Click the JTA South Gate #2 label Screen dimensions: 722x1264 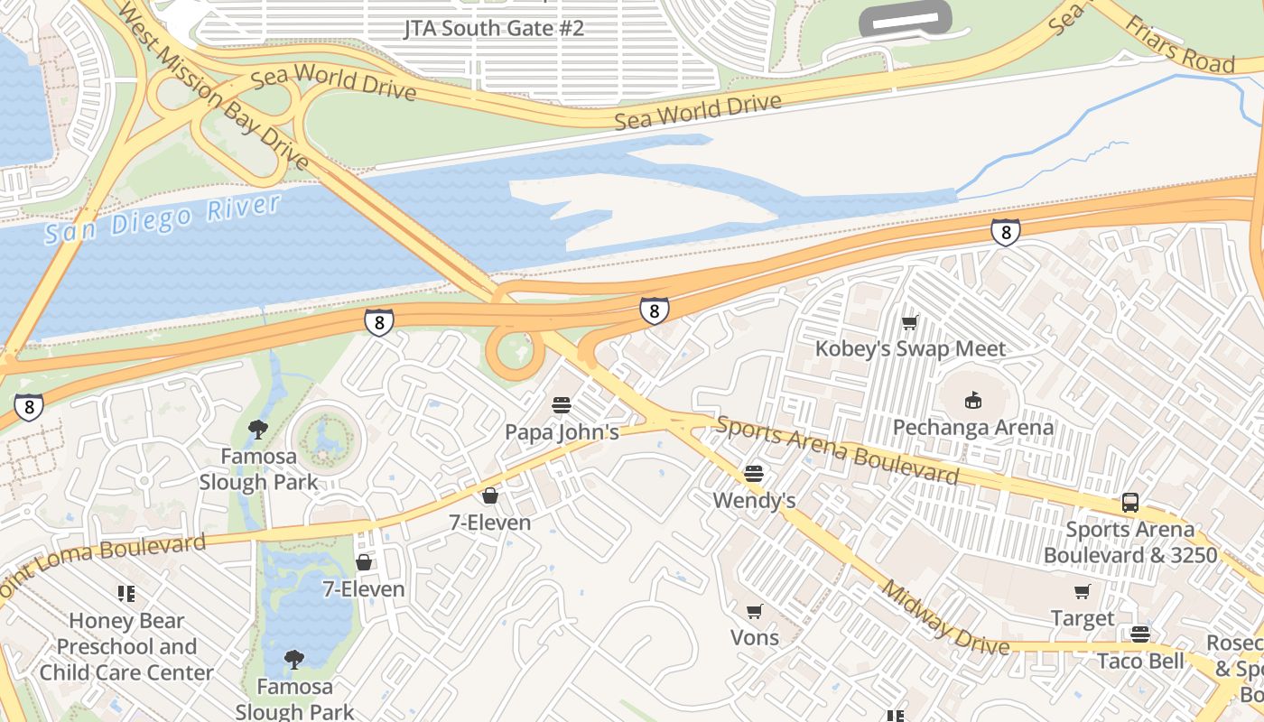pyautogui.click(x=493, y=28)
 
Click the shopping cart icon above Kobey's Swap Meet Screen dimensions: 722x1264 pyautogui.click(x=910, y=322)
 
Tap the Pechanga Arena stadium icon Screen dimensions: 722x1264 pyautogui.click(x=972, y=400)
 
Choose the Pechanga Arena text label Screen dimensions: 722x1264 pyautogui.click(x=972, y=427)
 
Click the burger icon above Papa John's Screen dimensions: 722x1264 pyautogui.click(x=562, y=405)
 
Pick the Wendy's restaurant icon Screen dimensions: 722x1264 pyautogui.click(x=754, y=474)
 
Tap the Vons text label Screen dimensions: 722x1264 pyautogui.click(x=755, y=637)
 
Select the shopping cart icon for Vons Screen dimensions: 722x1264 pyautogui.click(x=755, y=611)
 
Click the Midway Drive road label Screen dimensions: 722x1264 pyautogui.click(x=944, y=619)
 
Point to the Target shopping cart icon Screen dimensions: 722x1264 pyautogui.click(x=1082, y=592)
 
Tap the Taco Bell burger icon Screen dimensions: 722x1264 pyautogui.click(x=1140, y=634)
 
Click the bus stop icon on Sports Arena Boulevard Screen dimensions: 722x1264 pyautogui.click(x=1130, y=503)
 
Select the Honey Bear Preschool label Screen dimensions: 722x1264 pyautogui.click(x=126, y=646)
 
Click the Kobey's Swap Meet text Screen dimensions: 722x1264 pyautogui.click(x=910, y=348)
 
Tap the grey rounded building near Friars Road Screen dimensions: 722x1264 pyautogui.click(x=906, y=18)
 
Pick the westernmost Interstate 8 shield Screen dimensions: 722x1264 pyautogui.click(x=29, y=407)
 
